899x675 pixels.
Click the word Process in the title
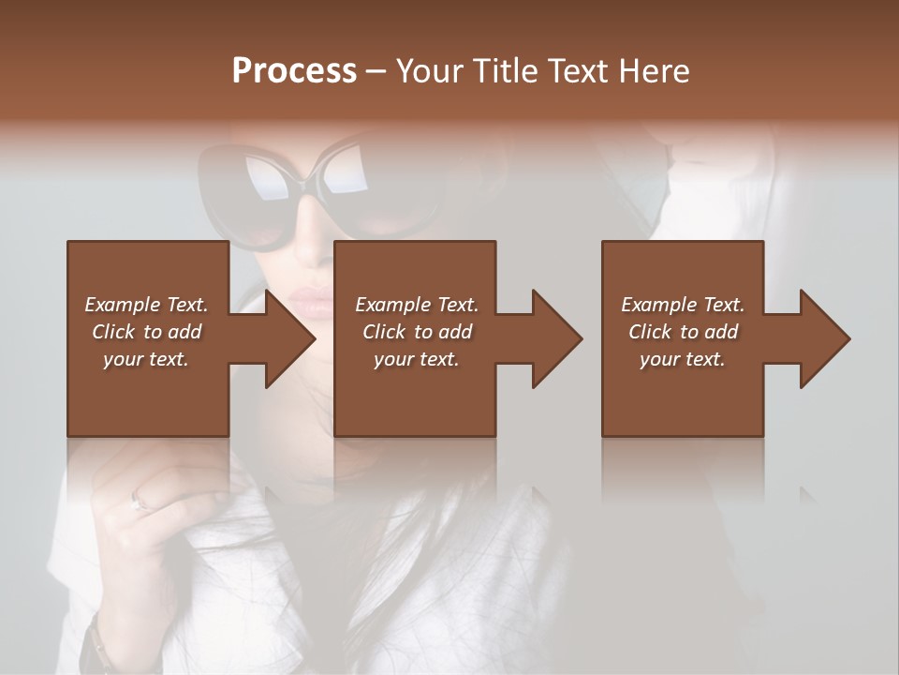294,71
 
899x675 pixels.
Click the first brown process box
148,394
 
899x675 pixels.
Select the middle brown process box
415,394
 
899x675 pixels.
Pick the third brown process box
682,394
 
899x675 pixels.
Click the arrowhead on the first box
289,338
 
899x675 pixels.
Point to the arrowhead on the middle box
556,338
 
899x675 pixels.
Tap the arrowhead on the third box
824,338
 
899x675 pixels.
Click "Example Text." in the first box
146,305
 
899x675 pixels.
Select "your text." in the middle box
416,359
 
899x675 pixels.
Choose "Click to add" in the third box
683,332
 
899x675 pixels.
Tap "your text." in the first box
145,359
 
